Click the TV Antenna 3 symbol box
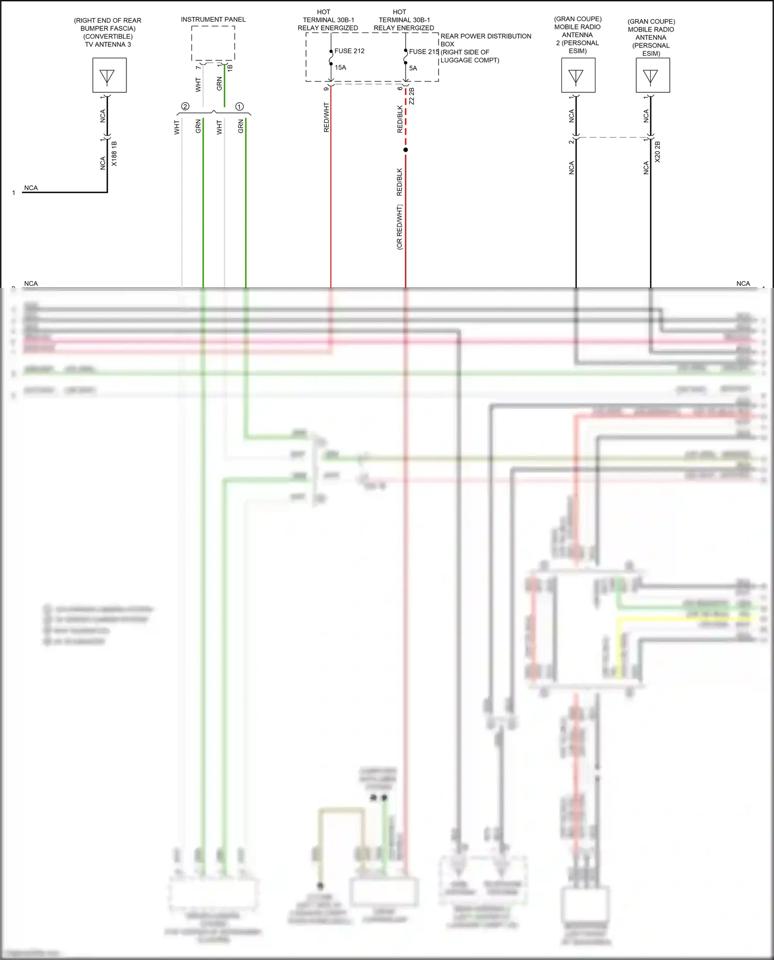point(109,75)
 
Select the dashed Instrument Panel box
point(213,43)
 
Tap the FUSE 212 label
point(349,51)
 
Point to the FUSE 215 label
point(424,52)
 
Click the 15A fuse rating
point(340,68)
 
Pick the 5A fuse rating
point(413,68)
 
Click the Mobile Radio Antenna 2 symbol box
point(578,75)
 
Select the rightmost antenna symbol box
point(653,75)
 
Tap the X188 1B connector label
point(114,154)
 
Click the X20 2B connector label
point(657,152)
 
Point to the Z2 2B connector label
point(412,96)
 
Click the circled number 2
point(185,106)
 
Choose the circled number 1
point(239,106)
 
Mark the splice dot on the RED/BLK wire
point(406,150)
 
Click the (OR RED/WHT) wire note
point(399,227)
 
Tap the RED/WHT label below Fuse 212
point(326,118)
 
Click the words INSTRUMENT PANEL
point(213,20)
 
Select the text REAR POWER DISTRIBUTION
point(486,36)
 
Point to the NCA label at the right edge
point(743,284)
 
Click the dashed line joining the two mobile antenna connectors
point(613,138)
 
